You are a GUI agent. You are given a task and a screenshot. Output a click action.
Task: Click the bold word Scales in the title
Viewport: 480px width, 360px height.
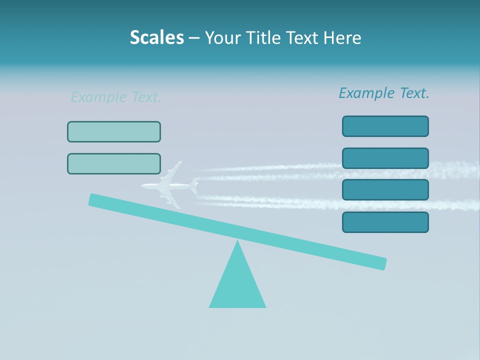[x=156, y=37]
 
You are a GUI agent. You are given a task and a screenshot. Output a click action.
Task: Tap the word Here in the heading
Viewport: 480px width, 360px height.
[x=342, y=37]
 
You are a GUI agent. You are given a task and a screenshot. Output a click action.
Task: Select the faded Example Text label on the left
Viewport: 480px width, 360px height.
[x=116, y=97]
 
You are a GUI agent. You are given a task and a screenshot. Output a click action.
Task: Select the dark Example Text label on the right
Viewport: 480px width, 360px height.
[x=384, y=93]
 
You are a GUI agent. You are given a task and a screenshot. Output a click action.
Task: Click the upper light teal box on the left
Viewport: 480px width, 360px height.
[x=114, y=131]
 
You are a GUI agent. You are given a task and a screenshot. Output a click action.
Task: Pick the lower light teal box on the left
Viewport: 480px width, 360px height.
[x=114, y=163]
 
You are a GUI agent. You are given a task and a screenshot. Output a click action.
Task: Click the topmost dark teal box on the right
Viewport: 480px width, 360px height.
[x=385, y=126]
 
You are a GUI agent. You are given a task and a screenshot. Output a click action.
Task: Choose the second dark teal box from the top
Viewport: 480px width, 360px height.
[x=385, y=158]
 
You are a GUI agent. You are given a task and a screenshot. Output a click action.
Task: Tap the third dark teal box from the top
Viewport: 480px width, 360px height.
[x=385, y=189]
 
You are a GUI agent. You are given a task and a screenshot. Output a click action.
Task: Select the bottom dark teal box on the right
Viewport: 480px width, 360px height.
[x=385, y=222]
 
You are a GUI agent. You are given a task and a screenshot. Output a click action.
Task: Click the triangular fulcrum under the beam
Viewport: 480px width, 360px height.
[x=237, y=285]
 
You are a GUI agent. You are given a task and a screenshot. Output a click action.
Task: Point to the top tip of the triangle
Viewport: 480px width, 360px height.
[x=237, y=242]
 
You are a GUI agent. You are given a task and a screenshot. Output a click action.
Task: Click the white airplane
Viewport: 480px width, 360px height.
[x=167, y=186]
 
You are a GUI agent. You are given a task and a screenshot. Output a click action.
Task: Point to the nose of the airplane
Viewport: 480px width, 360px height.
[x=142, y=186]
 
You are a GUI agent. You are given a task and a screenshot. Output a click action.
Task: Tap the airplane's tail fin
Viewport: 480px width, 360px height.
[x=193, y=186]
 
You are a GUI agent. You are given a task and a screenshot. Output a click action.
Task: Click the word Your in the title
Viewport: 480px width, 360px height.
[x=222, y=37]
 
